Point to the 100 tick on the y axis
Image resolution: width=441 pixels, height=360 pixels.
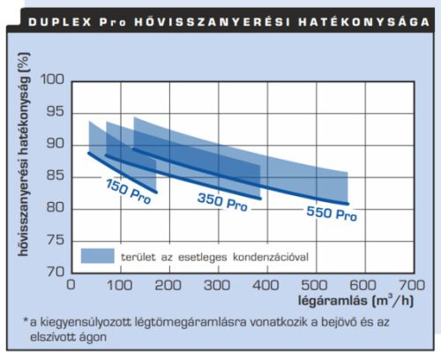(54, 79)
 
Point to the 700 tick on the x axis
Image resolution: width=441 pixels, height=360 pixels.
(408, 285)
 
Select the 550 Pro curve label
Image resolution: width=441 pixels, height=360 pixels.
(332, 213)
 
